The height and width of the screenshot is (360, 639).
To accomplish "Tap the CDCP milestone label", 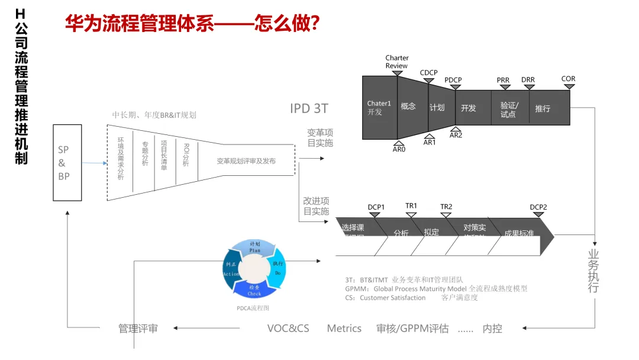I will point(429,73).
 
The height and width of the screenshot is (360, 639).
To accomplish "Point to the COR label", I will point(568,79).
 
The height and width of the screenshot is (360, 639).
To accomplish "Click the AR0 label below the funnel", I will point(399,150).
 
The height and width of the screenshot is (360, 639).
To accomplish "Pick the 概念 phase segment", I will point(408,107).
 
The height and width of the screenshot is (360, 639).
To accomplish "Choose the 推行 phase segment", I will point(543,108).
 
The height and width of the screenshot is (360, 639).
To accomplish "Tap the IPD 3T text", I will point(309,108).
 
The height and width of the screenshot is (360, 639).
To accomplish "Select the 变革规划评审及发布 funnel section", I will point(246,161).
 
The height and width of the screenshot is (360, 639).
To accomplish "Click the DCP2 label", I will point(538,207).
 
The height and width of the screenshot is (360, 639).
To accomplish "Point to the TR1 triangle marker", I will point(411,215).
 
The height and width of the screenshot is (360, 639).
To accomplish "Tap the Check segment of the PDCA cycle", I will point(254,290).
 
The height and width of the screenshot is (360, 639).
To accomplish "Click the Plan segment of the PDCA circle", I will point(255,247).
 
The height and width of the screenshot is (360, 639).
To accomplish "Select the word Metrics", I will point(344,328).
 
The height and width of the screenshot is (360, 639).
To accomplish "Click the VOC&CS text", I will point(288,328).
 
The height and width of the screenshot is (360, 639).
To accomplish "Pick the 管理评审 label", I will point(138,328).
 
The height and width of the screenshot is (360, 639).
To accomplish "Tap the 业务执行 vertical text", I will point(593,271).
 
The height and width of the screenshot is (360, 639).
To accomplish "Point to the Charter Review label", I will point(397,62).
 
